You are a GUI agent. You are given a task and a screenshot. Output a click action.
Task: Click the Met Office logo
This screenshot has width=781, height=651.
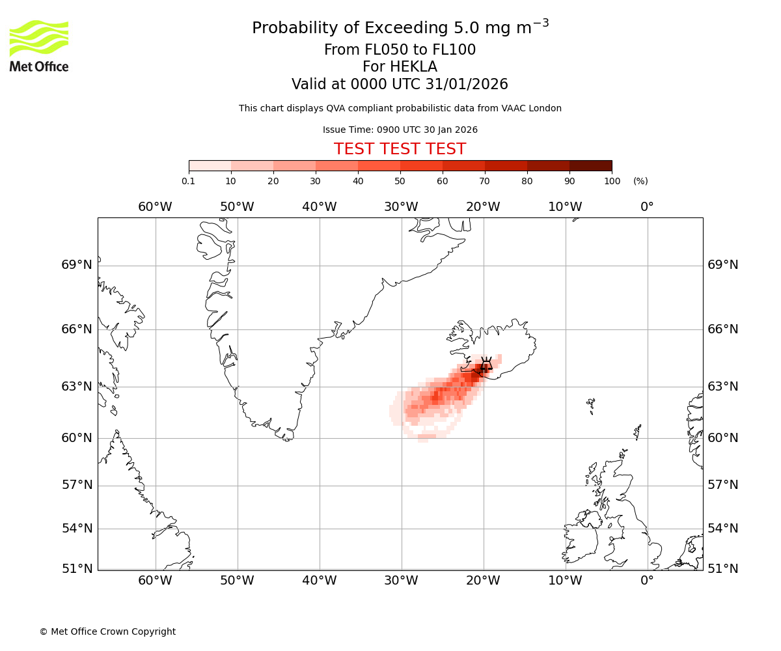39,46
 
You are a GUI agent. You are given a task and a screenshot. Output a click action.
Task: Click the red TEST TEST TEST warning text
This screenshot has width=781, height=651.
400,149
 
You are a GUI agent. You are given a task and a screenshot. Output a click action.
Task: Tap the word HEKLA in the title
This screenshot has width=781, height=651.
400,67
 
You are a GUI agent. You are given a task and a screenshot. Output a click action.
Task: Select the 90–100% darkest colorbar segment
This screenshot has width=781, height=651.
590,165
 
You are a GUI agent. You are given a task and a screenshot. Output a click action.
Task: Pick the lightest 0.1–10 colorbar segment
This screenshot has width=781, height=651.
210,165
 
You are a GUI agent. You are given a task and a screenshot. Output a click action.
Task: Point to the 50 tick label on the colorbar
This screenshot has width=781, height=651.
400,181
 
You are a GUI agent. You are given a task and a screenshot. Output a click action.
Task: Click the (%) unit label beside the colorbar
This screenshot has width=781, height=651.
640,181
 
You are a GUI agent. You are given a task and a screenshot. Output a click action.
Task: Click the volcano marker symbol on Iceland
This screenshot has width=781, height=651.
486,367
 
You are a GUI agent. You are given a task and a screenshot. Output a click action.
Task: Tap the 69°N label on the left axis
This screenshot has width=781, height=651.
77,265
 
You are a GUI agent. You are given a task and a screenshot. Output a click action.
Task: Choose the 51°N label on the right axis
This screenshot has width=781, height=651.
723,568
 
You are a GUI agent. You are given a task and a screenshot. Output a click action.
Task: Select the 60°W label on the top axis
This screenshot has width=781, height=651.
155,207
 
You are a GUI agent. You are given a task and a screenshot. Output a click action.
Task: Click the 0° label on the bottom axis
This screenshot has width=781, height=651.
647,580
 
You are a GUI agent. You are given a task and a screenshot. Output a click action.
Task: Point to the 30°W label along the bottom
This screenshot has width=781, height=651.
401,580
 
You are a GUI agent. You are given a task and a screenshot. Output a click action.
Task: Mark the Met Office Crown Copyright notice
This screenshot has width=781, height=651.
107,631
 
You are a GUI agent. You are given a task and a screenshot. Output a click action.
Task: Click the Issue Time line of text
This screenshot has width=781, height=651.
400,130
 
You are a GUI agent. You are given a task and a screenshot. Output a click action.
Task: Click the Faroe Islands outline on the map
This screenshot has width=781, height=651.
591,405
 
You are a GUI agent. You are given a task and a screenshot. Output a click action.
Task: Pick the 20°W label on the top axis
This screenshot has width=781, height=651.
483,207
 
